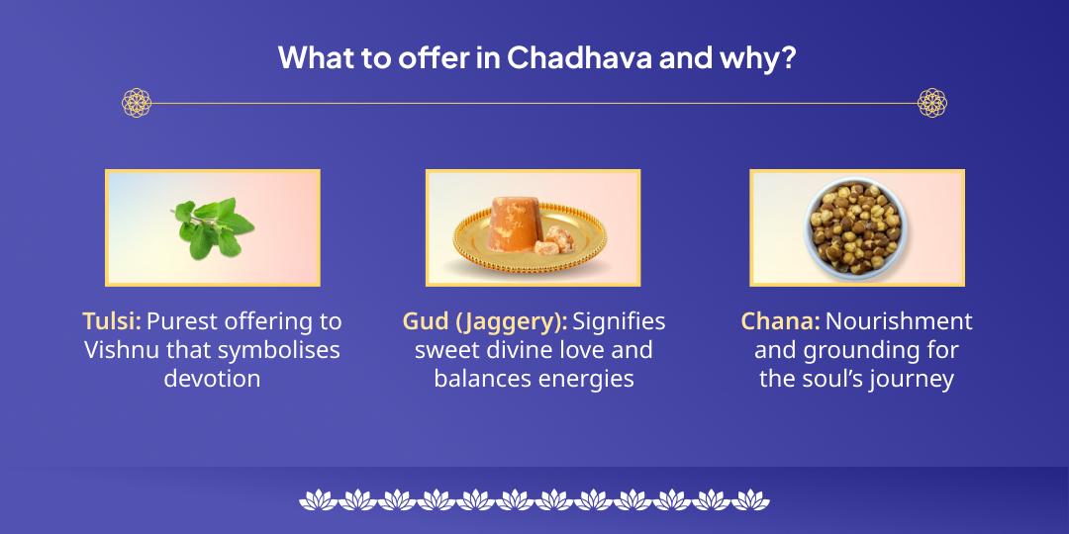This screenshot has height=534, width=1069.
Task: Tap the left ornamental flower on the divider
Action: point(137,102)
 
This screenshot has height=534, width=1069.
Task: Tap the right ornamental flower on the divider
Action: point(931,102)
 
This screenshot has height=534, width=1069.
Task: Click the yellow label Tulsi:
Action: point(111,321)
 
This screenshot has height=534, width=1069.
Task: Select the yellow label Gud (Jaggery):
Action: point(484,321)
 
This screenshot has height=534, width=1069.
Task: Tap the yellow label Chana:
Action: point(780,321)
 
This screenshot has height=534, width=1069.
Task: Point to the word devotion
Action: point(212,379)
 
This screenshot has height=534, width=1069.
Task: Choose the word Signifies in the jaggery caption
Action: point(619,321)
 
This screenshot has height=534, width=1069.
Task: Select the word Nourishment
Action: point(899,321)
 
